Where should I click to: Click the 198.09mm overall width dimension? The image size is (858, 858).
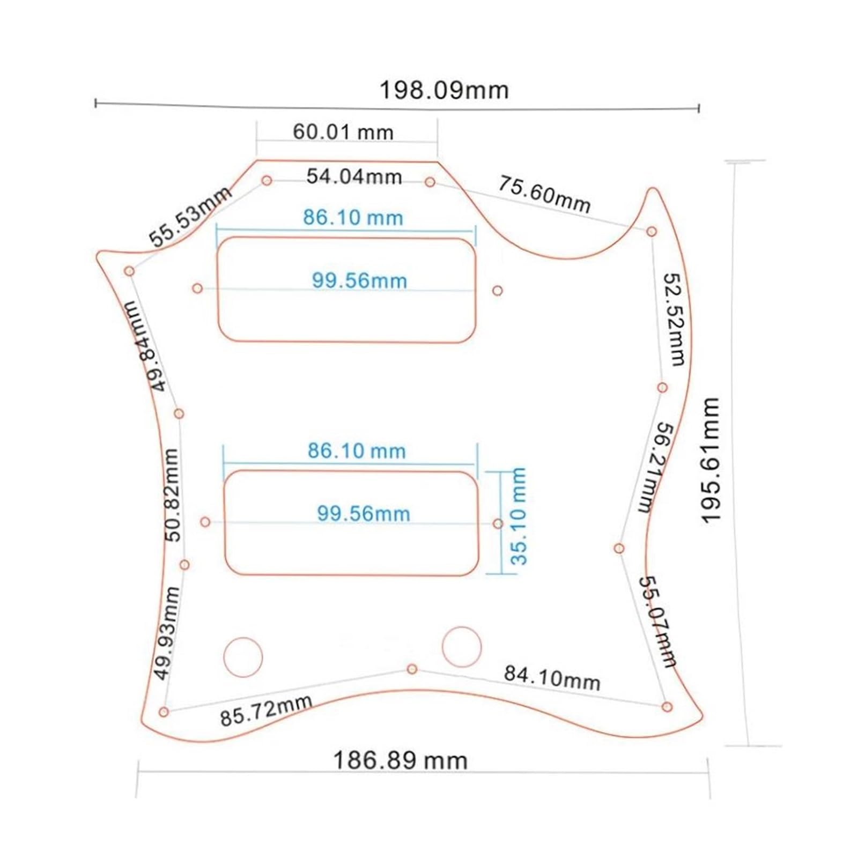[x=444, y=90]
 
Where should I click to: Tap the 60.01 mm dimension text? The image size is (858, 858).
[x=343, y=132]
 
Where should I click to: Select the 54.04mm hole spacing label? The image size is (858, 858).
[x=354, y=176]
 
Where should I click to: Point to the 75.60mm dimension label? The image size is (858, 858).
[x=544, y=194]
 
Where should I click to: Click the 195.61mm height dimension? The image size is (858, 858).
[x=710, y=461]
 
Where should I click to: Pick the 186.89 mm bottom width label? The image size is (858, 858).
[x=400, y=760]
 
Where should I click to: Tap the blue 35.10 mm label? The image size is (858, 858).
[x=519, y=516]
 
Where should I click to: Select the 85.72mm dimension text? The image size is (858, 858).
[x=266, y=710]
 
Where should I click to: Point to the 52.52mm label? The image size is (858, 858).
[x=674, y=320]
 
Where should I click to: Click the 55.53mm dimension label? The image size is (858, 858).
[x=190, y=216]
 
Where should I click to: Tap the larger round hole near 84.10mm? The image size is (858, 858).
[x=462, y=647]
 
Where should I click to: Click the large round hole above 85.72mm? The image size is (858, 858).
[x=243, y=657]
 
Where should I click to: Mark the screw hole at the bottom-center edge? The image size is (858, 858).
[x=412, y=669]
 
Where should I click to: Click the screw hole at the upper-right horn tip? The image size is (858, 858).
[x=652, y=232]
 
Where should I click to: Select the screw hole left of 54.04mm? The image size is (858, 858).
[x=267, y=180]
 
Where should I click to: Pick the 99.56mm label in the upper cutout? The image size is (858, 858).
[x=359, y=280]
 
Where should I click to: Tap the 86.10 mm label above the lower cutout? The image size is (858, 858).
[x=357, y=450]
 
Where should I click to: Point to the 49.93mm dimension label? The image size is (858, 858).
[x=167, y=633]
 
